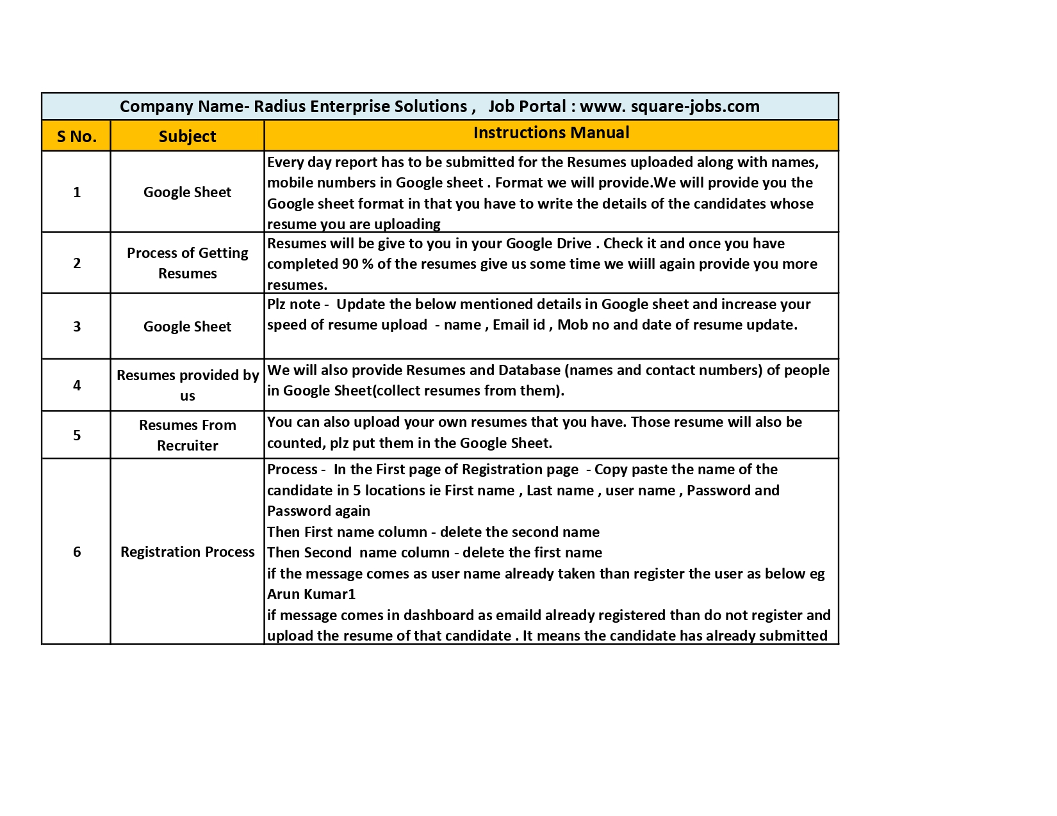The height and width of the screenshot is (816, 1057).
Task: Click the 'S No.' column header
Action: point(76,136)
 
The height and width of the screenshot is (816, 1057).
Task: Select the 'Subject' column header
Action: point(187,136)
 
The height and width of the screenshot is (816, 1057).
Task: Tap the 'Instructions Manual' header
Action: point(551,133)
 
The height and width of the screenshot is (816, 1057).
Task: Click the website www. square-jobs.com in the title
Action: point(669,106)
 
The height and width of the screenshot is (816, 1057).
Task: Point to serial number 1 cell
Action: point(77,192)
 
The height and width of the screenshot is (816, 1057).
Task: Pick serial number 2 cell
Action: point(77,263)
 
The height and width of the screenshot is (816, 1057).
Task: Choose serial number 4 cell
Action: point(77,385)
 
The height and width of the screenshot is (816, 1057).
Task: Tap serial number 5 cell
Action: point(77,435)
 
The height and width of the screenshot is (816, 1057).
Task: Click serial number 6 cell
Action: point(77,552)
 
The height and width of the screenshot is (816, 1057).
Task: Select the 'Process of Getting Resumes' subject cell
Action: point(187,263)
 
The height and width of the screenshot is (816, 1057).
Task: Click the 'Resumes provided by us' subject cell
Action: point(187,385)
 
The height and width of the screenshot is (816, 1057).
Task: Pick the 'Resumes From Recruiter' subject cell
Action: point(187,435)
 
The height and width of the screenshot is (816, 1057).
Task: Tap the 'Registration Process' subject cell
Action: point(187,552)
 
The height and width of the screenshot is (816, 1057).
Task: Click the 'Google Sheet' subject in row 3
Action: point(187,326)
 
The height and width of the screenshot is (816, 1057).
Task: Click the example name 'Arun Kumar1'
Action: point(311,594)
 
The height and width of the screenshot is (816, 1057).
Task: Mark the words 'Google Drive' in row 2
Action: point(548,244)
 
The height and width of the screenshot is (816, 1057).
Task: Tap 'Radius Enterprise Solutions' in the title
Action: point(360,106)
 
